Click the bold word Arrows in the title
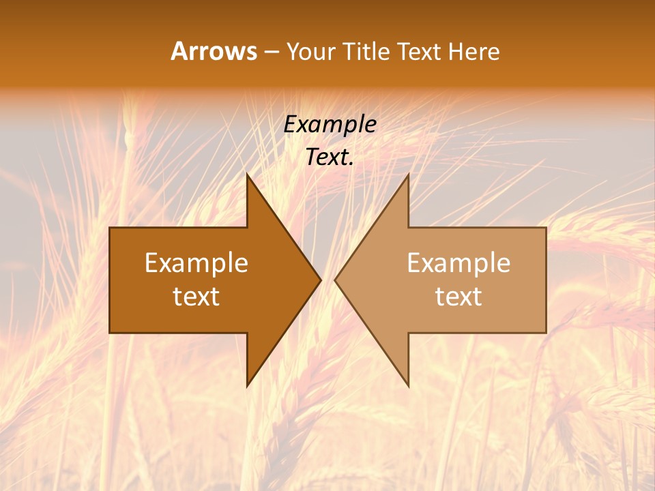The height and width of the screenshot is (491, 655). (214, 51)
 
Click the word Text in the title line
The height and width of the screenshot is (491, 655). (420, 52)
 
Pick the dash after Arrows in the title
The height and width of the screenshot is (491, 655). (271, 52)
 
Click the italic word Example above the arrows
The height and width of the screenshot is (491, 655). (330, 124)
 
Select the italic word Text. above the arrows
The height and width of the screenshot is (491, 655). (330, 158)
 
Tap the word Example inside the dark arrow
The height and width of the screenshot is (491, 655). (196, 263)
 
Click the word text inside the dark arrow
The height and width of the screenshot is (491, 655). (196, 297)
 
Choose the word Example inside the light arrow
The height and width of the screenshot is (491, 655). (458, 263)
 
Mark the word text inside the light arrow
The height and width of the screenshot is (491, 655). (458, 297)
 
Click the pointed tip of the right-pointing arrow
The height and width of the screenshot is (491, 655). (321, 280)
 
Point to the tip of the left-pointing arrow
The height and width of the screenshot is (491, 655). (335, 280)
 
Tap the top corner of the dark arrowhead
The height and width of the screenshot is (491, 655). (247, 175)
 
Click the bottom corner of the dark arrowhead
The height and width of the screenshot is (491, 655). (247, 386)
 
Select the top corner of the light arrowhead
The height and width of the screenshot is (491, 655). (408, 175)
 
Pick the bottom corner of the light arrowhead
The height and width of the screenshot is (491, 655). (408, 386)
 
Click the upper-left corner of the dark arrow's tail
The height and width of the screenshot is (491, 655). (110, 228)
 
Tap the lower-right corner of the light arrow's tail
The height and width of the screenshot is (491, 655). (546, 332)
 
